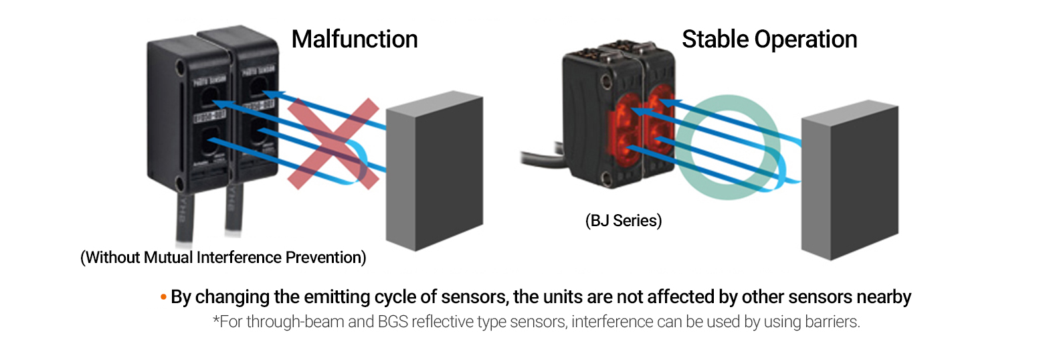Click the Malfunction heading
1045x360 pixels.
click(355, 39)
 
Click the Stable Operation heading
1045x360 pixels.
click(769, 39)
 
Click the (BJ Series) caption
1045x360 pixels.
click(623, 221)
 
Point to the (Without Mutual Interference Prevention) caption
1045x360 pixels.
click(223, 258)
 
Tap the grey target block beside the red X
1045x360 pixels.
click(435, 171)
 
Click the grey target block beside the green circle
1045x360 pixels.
click(849, 181)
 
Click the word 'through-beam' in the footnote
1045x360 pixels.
click(288, 322)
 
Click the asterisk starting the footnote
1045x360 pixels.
click(216, 321)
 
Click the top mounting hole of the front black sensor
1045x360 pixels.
click(180, 68)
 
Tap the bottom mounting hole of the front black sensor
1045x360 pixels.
click(179, 183)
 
